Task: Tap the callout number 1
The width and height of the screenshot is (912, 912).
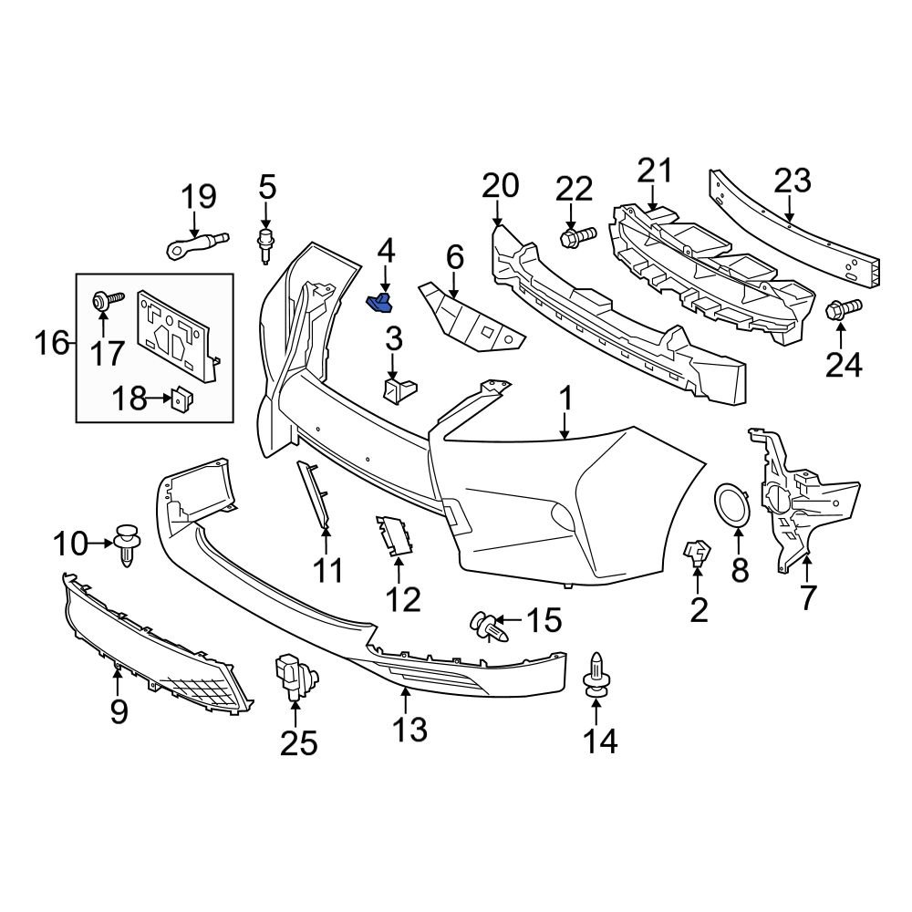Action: tap(565, 399)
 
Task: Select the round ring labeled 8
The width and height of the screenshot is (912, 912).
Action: tap(732, 505)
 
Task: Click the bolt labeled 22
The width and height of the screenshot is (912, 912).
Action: tap(575, 236)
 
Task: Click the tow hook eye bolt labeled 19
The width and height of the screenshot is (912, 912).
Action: tap(197, 244)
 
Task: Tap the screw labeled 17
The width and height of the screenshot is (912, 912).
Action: tap(102, 301)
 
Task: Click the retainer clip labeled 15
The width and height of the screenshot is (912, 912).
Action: tap(486, 627)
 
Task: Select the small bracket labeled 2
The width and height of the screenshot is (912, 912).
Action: tap(698, 551)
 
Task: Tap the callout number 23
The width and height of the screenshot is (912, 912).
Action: tap(792, 181)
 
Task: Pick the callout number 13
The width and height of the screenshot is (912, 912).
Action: tap(409, 729)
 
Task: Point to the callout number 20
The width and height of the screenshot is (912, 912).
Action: tap(500, 185)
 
